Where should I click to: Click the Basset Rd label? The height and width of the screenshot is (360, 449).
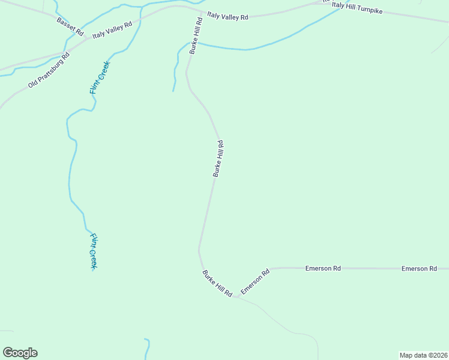[x=70, y=26]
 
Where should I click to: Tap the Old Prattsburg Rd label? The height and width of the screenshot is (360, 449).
[x=49, y=70]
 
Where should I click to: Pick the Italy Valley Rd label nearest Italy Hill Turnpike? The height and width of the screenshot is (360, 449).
[x=228, y=16]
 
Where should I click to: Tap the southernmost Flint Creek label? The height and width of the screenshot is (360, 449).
[x=94, y=251]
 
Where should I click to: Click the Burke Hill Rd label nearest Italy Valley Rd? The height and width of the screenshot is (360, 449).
[x=196, y=36]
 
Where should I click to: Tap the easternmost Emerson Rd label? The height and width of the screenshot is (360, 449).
[x=419, y=268]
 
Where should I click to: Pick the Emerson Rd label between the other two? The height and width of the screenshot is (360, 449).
[x=323, y=268]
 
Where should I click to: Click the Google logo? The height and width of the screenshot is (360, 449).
[x=20, y=353]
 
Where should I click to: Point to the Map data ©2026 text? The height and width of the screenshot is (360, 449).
[x=423, y=355]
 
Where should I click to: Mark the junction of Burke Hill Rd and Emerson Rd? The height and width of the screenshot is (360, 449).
[x=236, y=296]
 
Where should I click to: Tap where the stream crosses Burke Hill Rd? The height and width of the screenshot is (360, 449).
[x=194, y=43]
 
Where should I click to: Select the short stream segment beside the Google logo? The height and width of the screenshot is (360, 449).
[x=147, y=349]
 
